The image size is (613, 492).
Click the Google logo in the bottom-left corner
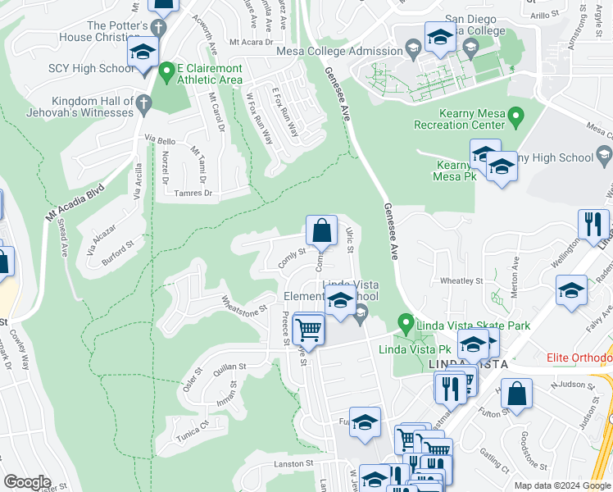click(x=27, y=482)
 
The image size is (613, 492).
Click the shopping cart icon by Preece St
click(x=309, y=330)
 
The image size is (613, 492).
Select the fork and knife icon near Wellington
click(x=593, y=224)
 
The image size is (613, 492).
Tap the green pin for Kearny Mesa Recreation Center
click(x=516, y=117)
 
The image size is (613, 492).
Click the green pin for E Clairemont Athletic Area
click(x=167, y=72)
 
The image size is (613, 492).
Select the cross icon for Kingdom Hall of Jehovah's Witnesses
click(x=143, y=104)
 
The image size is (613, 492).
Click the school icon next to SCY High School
click(x=143, y=55)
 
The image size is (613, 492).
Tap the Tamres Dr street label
click(x=194, y=194)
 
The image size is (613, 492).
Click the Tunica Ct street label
click(x=193, y=426)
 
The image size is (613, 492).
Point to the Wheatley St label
click(x=461, y=280)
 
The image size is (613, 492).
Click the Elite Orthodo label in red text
click(x=579, y=358)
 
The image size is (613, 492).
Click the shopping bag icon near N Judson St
click(x=517, y=392)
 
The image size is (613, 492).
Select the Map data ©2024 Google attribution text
click(x=562, y=485)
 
